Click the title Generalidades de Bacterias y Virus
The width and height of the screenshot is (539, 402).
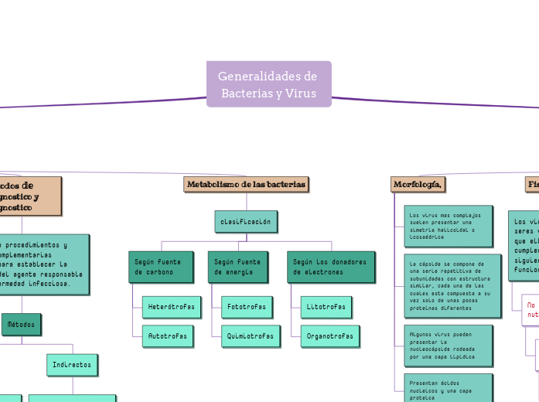coord(268,84)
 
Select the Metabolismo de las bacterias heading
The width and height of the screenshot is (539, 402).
coord(246,185)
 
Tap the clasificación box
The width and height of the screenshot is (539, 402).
coord(245,222)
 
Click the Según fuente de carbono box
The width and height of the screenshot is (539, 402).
coord(160,267)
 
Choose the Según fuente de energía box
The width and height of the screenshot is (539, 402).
coord(239,267)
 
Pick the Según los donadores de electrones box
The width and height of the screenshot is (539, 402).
coord(330,267)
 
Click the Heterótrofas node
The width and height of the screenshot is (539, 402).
coord(172,307)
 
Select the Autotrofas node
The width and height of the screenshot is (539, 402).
coord(168,336)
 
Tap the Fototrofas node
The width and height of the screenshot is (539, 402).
coord(246,307)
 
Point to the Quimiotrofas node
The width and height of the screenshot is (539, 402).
coord(250,336)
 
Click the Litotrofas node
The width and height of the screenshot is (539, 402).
coord(326,307)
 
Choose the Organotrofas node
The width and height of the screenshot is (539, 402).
coord(329,336)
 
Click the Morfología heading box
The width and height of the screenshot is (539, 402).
coord(418,185)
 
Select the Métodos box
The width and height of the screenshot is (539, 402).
coord(21,325)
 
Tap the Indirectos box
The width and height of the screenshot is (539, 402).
coord(72,364)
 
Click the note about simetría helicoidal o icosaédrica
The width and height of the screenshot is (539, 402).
coord(448,226)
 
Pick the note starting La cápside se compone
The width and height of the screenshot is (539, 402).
coord(452,285)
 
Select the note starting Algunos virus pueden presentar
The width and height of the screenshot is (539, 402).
coord(448,346)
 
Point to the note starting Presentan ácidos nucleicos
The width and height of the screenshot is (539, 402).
coord(448,388)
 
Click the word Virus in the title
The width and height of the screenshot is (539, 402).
coord(300,94)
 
